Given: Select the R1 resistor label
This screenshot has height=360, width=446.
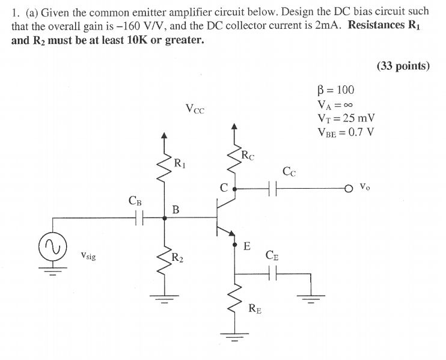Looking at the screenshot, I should click(x=179, y=162).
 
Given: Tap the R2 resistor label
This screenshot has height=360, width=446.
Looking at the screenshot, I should click(x=177, y=258).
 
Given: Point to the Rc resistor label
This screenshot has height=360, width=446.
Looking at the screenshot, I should click(x=247, y=157).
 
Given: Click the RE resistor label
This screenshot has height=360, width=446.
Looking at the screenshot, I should click(x=255, y=310).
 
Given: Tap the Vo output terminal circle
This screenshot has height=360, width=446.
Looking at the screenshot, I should click(x=349, y=188).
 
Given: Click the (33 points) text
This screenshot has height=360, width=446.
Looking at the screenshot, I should click(x=403, y=67).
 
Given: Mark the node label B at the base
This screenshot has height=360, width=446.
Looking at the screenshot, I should click(x=176, y=210).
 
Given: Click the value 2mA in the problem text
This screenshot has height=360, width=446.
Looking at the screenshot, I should click(x=333, y=27).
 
